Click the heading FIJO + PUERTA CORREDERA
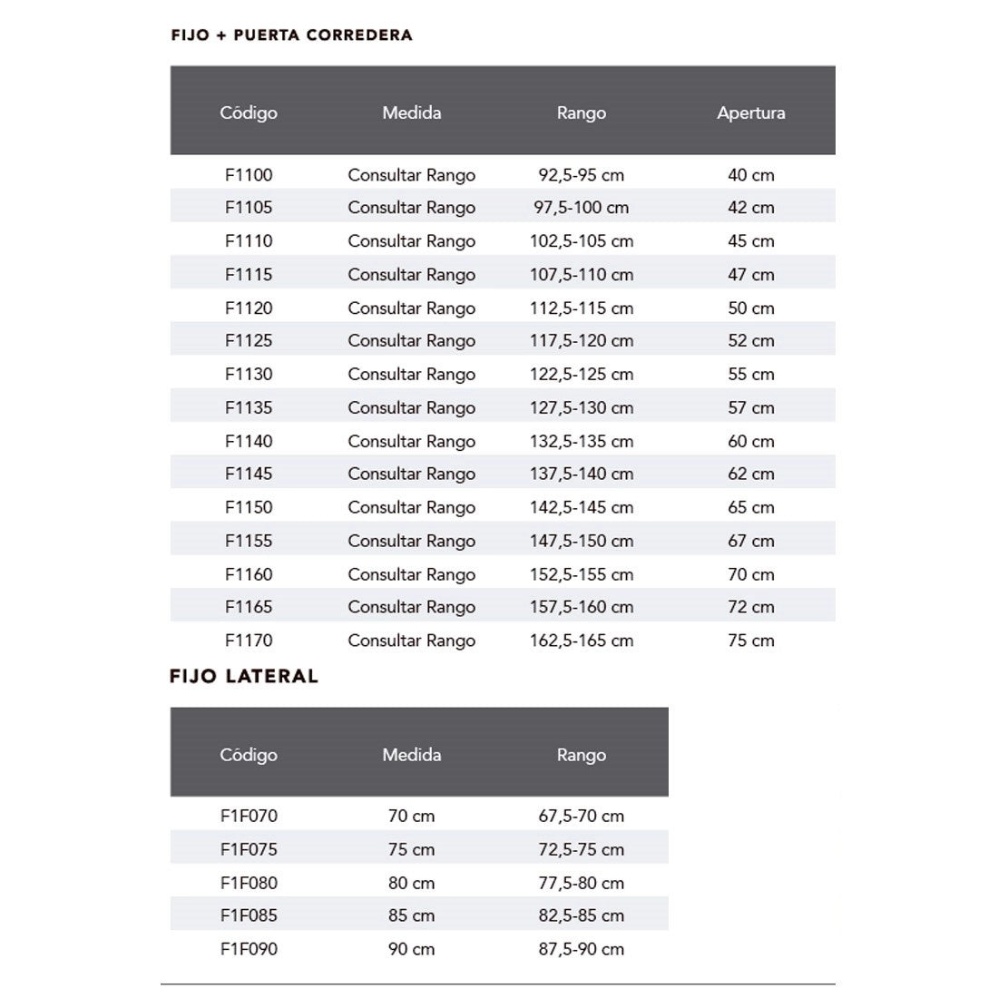(x=291, y=35)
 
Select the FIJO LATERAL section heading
(x=244, y=676)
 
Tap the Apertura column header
(x=750, y=113)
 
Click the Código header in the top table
(x=249, y=113)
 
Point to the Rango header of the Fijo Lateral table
(x=581, y=755)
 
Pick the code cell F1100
(x=249, y=175)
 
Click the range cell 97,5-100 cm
(x=581, y=208)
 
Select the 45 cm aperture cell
(x=750, y=241)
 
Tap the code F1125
(x=249, y=341)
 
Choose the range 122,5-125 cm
(x=581, y=375)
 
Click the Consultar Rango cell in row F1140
(x=411, y=442)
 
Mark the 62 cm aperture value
(x=750, y=474)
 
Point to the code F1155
(x=249, y=541)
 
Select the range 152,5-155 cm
(x=581, y=574)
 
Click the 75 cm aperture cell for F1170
(x=750, y=641)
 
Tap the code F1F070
(x=249, y=816)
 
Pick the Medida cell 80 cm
(x=411, y=883)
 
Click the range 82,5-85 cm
(x=581, y=915)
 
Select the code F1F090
(x=249, y=949)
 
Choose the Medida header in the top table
(x=411, y=113)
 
